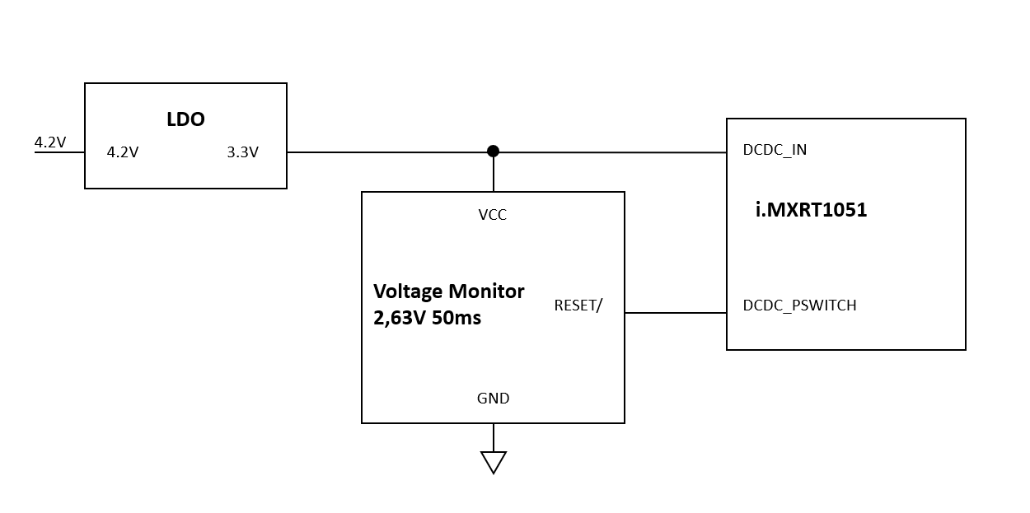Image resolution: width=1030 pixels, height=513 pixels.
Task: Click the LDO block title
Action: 185,119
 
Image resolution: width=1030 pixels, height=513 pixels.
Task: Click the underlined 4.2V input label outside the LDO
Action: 49,142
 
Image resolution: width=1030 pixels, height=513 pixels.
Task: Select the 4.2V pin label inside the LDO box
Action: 123,152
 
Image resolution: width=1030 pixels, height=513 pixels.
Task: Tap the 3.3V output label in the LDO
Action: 242,152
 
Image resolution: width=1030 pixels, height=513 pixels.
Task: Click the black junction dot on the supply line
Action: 493,151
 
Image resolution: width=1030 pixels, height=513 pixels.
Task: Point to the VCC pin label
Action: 493,215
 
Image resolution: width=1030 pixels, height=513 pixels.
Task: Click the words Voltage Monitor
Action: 448,291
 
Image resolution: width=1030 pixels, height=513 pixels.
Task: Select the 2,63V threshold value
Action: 400,318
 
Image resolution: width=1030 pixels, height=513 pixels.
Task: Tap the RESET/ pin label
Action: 578,305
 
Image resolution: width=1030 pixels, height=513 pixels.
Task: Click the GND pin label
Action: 493,399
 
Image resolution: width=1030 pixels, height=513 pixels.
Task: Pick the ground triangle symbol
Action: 493,462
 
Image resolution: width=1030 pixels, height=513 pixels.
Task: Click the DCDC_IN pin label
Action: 775,150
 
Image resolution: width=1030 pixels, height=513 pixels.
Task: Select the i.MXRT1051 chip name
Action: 811,210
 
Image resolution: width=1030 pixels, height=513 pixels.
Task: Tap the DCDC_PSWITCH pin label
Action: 799,305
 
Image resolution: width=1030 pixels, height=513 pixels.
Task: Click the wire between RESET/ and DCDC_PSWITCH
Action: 676,313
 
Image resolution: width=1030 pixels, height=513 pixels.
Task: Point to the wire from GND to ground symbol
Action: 493,437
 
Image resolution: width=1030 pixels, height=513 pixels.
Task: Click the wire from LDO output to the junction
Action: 387,152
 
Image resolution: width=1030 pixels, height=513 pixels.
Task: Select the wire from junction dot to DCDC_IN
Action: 610,152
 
